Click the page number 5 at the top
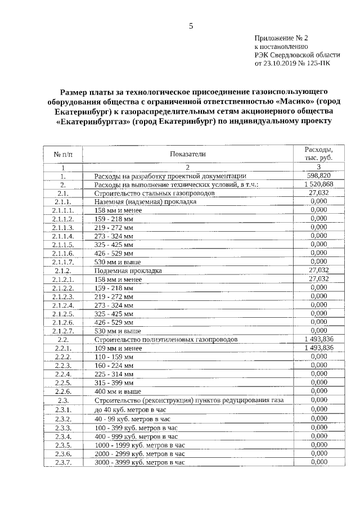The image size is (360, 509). [191, 26]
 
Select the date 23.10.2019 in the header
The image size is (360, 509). [280, 64]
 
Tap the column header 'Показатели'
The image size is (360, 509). [188, 154]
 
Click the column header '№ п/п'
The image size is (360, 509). [63, 154]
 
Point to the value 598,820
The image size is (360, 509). [318, 175]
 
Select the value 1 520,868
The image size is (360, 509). [318, 184]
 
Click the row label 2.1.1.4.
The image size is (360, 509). [63, 236]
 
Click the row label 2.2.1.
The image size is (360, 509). [63, 348]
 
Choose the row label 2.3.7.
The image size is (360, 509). [63, 462]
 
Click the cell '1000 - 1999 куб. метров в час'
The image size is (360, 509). [139, 445]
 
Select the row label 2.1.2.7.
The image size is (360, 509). [63, 331]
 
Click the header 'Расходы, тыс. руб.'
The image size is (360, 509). [318, 154]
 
